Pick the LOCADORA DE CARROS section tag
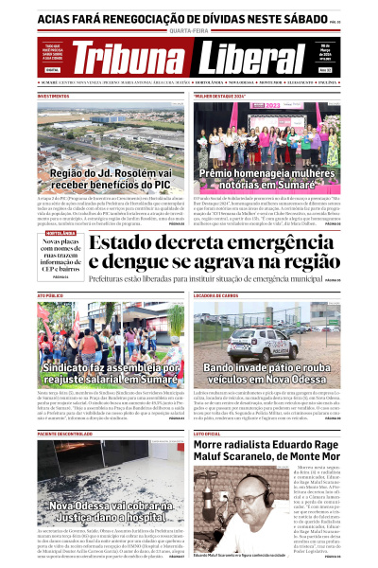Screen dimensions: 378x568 point(219,297)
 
